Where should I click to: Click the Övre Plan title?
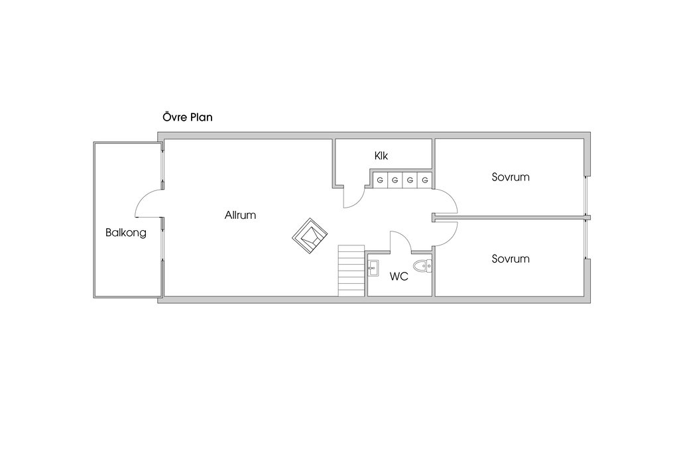point(188,117)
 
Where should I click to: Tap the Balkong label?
point(126,233)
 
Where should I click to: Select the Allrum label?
point(240,216)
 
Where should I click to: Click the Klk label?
point(381,156)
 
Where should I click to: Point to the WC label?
point(399,277)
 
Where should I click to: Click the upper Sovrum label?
point(511,177)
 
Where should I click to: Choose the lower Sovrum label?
point(511,259)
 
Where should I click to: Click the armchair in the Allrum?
point(310,235)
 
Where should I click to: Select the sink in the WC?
point(373,268)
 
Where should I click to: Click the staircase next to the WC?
point(351,271)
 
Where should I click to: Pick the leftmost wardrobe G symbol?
point(380,180)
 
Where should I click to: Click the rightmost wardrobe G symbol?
point(425,180)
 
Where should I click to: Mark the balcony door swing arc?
point(143,198)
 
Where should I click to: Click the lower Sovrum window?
point(586,239)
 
